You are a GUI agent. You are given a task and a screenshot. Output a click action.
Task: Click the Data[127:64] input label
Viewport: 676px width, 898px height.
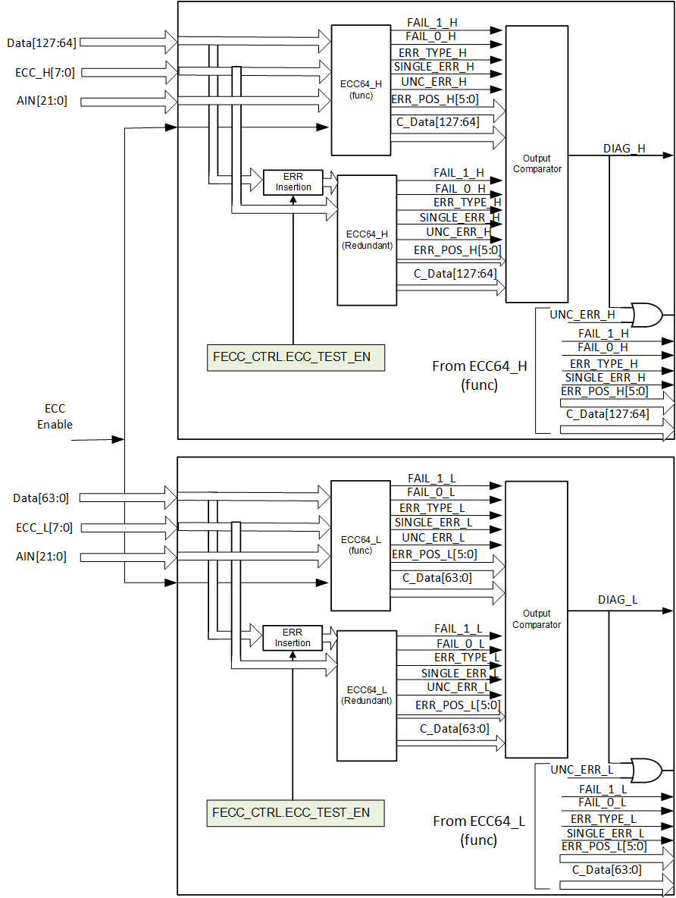pyautogui.click(x=41, y=42)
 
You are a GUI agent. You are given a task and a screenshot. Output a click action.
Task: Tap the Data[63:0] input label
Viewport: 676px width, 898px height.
pyautogui.click(x=41, y=498)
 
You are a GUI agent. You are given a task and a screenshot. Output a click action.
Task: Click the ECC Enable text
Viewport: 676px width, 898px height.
pyautogui.click(x=55, y=416)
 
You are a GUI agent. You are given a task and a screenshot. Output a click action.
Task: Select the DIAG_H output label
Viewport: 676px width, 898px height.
pyautogui.click(x=624, y=149)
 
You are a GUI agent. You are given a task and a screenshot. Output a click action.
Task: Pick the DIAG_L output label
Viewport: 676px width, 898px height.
pyautogui.click(x=618, y=600)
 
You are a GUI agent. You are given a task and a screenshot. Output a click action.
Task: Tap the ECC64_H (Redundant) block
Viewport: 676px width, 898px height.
pyautogui.click(x=367, y=240)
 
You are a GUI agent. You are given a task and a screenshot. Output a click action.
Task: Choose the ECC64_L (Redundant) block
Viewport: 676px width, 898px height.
pyautogui.click(x=367, y=695)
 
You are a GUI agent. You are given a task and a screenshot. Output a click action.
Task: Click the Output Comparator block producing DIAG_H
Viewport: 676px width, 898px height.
pyautogui.click(x=537, y=164)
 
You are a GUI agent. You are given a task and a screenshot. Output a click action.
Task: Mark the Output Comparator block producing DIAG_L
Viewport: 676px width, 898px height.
pyautogui.click(x=537, y=619)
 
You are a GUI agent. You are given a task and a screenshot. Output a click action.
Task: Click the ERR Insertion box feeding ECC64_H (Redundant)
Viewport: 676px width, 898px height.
pyautogui.click(x=293, y=182)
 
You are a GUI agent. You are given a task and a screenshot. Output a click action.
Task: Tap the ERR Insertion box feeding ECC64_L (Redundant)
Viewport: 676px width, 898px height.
pyautogui.click(x=293, y=637)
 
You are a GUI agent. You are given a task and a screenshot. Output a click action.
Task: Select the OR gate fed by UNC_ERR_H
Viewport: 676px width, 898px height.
pyautogui.click(x=646, y=314)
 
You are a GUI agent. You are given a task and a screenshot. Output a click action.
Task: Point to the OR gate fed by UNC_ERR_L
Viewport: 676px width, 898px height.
pyautogui.click(x=646, y=770)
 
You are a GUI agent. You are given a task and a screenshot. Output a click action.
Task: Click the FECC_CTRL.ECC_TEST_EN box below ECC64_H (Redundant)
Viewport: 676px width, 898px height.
pyautogui.click(x=296, y=356)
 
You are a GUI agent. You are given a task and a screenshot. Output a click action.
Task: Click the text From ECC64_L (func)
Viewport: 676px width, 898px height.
pyautogui.click(x=478, y=830)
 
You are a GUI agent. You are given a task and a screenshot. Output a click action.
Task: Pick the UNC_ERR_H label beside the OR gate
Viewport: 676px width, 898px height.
pyautogui.click(x=582, y=314)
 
